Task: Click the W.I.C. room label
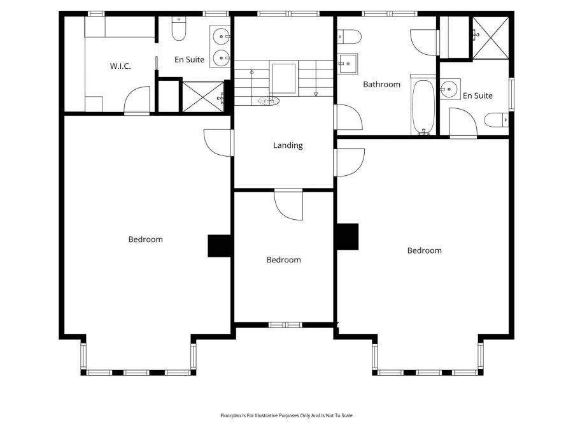pyautogui.click(x=120, y=66)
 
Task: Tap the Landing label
pyautogui.click(x=288, y=145)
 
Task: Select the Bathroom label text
pyautogui.click(x=381, y=85)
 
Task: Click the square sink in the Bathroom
pyautogui.click(x=347, y=64)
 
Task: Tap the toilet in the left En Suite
pyautogui.click(x=179, y=29)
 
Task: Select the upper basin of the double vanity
pyautogui.click(x=221, y=36)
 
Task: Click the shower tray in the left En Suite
pyautogui.click(x=203, y=97)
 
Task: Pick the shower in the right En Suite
pyautogui.click(x=490, y=38)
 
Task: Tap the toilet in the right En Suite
pyautogui.click(x=496, y=120)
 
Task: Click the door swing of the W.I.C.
pyautogui.click(x=137, y=100)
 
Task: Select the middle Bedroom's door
pyautogui.click(x=288, y=204)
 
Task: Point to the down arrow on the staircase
pyautogui.click(x=316, y=78)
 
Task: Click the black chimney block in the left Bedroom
pyautogui.click(x=219, y=246)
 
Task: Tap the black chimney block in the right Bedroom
pyautogui.click(x=348, y=237)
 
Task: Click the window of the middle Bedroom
pyautogui.click(x=285, y=325)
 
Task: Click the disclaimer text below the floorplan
pyautogui.click(x=286, y=415)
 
